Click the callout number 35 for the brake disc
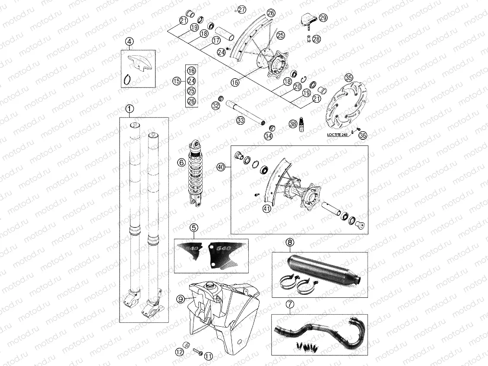pos(349,78)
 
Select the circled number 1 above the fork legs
pos(130,109)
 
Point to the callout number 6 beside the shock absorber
pos(181,163)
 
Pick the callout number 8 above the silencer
pos(290,243)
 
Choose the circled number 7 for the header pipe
pos(290,305)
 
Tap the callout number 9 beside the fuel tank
pos(181,298)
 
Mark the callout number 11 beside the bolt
pos(209,357)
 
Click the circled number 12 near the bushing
pos(179,352)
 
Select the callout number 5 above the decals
pos(194,227)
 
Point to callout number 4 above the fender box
pos(130,41)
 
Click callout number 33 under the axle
pos(240,121)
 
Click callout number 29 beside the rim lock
pos(323,18)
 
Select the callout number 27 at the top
pos(241,9)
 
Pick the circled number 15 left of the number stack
pos(176,81)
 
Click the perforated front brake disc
pos(345,106)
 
